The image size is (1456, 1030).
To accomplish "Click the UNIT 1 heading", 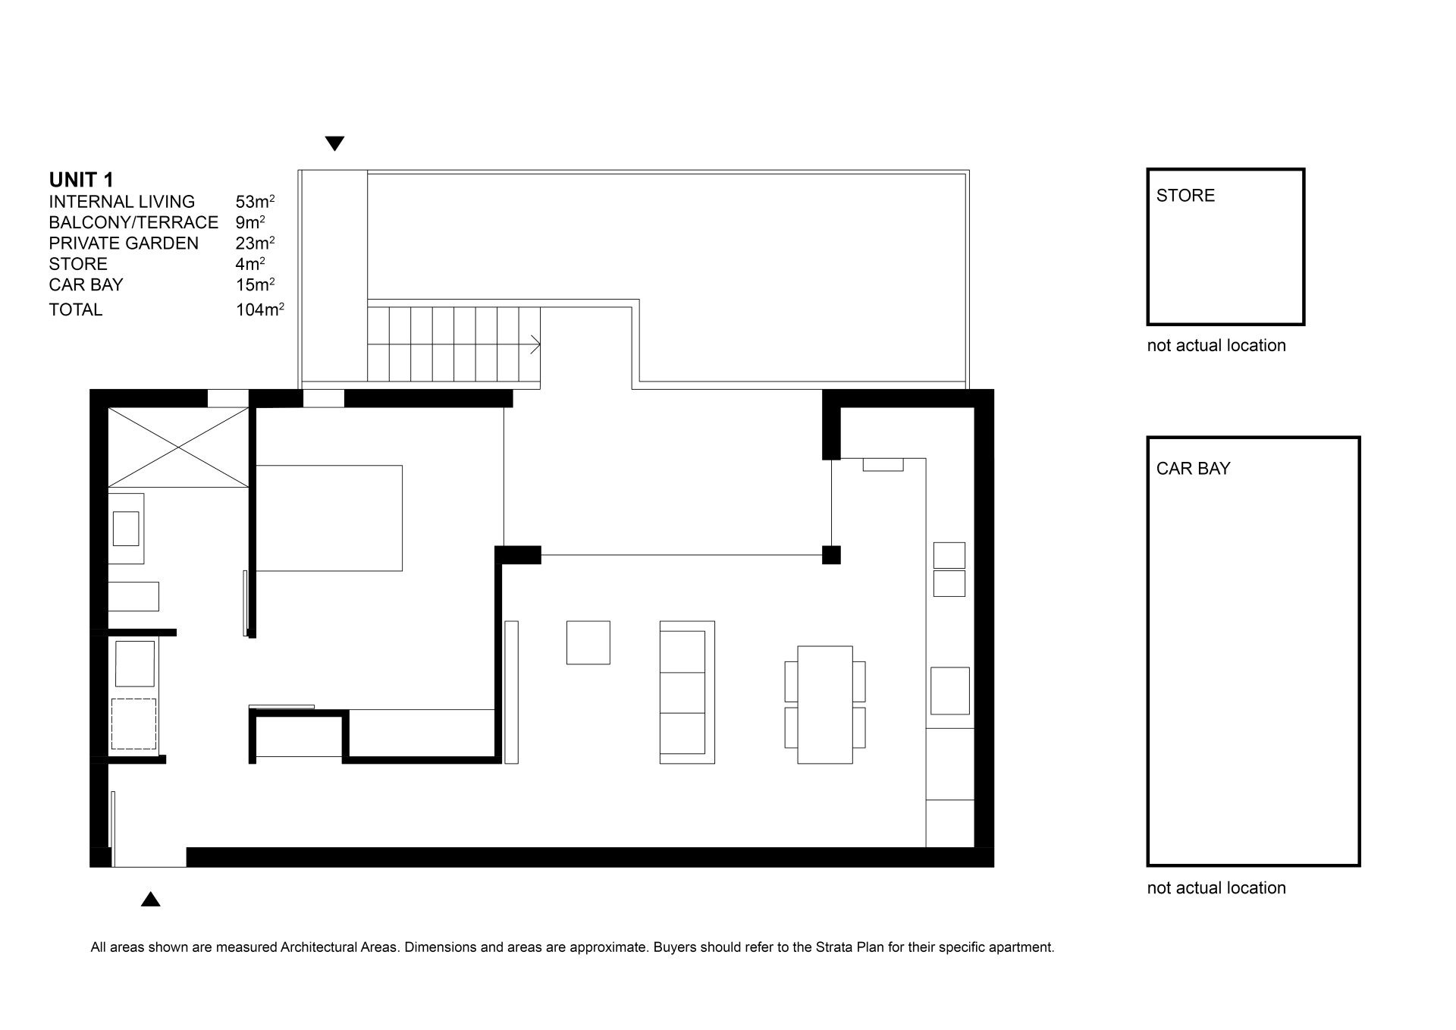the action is click(x=81, y=180).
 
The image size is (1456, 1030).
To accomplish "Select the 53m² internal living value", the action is click(x=255, y=201).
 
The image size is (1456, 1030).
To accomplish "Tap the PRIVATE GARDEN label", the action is click(x=124, y=243).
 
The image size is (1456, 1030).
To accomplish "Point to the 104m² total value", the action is click(x=260, y=309).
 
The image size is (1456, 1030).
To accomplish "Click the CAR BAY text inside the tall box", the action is click(x=1193, y=469).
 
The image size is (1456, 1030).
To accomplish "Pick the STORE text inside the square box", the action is click(x=1185, y=196).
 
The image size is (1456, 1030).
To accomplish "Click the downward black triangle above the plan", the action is click(x=334, y=143).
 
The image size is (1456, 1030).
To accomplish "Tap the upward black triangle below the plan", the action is click(x=151, y=899).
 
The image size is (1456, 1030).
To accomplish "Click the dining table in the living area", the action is click(x=825, y=705).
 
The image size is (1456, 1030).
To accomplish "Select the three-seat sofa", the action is click(x=687, y=692).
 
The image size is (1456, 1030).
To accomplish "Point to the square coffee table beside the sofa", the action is click(x=588, y=642).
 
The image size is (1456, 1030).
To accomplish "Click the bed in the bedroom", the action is click(x=329, y=518).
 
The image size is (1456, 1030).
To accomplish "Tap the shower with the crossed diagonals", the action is click(x=178, y=447).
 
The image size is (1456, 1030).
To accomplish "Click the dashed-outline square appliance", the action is click(x=134, y=724).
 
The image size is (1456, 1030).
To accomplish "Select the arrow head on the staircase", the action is click(x=535, y=345).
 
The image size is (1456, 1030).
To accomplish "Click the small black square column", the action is click(x=831, y=554).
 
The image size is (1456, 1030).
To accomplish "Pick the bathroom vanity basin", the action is click(x=126, y=529).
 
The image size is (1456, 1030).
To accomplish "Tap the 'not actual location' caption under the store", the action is click(x=1216, y=346).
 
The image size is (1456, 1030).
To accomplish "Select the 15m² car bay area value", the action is click(x=255, y=284).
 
